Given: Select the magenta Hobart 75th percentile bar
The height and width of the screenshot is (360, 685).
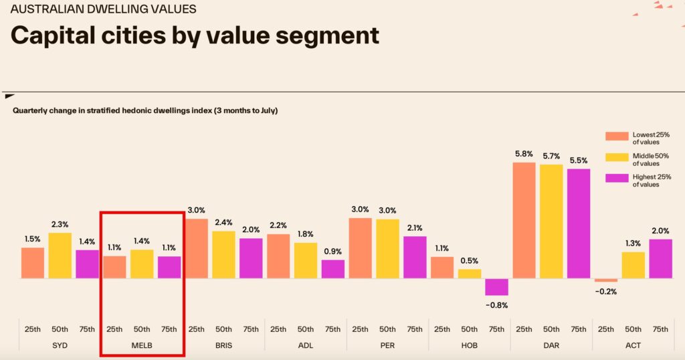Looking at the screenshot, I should pos(496,286).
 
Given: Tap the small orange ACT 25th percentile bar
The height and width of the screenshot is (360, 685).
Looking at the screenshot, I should pos(605,280).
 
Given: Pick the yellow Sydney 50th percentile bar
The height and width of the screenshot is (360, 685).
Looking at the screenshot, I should pos(60,255).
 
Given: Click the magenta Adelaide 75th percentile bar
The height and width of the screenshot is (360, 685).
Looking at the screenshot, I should pos(332,269).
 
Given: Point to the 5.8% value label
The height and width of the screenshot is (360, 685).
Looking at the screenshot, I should pos(524,154).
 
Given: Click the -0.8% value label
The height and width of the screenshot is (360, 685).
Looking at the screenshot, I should pos(496,305).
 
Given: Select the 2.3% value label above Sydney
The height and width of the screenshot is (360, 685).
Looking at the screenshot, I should pos(60,225).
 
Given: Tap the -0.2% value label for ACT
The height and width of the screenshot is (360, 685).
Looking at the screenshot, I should pos(605,292).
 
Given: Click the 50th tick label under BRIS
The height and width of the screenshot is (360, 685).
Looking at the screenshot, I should pos(223,329).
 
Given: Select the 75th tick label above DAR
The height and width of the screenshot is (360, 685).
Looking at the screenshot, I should pos(578,329).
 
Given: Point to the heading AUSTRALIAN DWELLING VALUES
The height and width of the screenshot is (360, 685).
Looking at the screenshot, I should pos(103,9).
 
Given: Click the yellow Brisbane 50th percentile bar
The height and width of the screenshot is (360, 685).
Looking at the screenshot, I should pos(223,254).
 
